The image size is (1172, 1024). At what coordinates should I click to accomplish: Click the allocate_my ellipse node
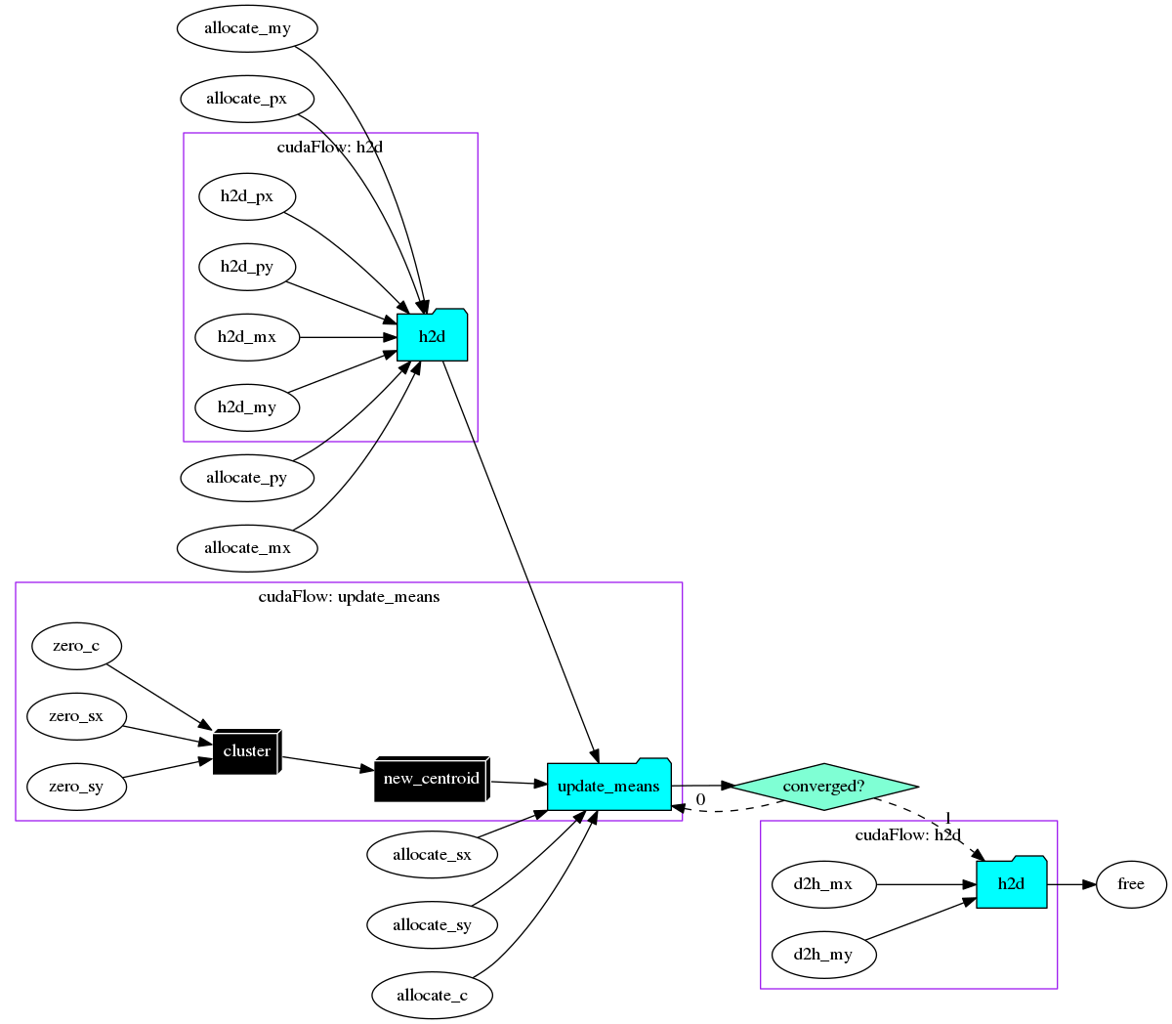[x=247, y=28]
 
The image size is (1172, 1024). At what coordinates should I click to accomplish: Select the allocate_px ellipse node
[x=247, y=99]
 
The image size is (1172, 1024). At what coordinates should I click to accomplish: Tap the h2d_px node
[x=247, y=196]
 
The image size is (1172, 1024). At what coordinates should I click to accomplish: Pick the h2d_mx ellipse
[x=247, y=337]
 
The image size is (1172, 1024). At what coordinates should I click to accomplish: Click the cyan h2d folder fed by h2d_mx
[x=432, y=336]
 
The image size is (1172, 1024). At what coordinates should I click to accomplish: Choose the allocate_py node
[x=247, y=478]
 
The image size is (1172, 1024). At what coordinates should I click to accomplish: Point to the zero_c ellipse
[x=76, y=646]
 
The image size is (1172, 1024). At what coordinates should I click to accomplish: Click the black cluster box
[x=246, y=751]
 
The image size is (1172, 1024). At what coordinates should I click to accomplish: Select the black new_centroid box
[x=431, y=779]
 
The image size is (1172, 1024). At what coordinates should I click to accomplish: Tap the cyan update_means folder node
[x=608, y=786]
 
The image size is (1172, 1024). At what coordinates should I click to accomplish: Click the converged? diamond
[x=823, y=787]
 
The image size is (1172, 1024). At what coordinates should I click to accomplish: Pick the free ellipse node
[x=1131, y=884]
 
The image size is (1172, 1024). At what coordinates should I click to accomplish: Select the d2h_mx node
[x=823, y=884]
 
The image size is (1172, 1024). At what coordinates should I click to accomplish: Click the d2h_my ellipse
[x=823, y=955]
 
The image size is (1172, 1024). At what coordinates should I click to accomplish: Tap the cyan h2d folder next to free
[x=1011, y=883]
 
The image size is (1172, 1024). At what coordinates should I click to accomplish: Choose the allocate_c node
[x=432, y=996]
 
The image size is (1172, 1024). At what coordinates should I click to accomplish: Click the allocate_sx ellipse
[x=432, y=855]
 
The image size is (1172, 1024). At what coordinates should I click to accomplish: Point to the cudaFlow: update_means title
[x=349, y=597]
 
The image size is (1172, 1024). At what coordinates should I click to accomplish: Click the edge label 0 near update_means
[x=700, y=799]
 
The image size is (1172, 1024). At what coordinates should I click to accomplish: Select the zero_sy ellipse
[x=76, y=787]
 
